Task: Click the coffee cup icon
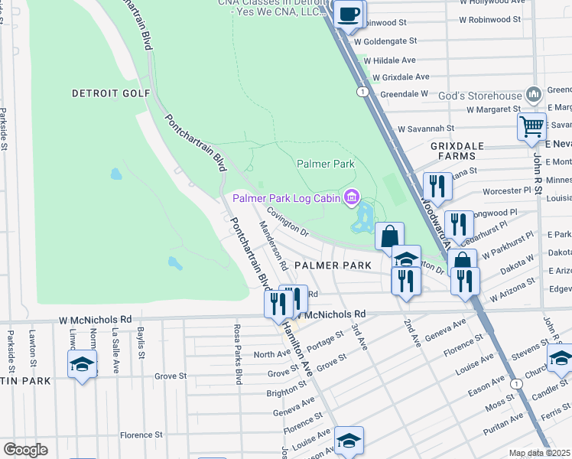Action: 349,14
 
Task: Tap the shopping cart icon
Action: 531,126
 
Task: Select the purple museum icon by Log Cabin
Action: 351,198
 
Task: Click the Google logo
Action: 25,449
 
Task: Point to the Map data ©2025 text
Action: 540,453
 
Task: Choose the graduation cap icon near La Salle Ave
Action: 83,364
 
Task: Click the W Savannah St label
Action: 425,129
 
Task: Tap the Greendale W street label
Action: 404,94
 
